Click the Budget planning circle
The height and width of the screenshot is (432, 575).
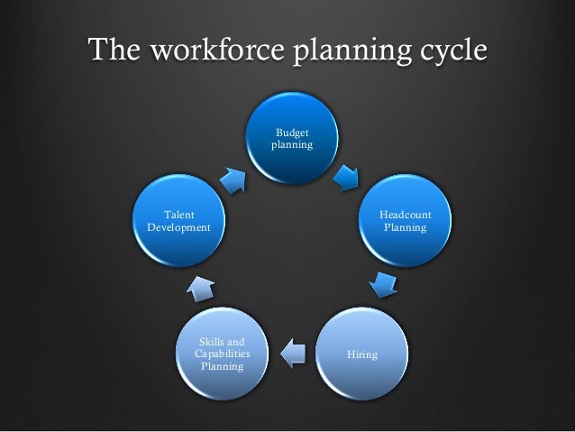[294, 137]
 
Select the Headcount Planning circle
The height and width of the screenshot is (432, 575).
[405, 221]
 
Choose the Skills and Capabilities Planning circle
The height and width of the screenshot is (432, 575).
[222, 354]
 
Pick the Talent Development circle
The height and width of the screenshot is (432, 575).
[178, 221]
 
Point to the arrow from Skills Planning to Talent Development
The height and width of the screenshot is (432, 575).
[201, 288]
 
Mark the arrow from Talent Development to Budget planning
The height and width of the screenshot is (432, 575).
[232, 179]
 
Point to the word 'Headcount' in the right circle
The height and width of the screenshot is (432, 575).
[405, 215]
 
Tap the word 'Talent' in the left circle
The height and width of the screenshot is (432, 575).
[178, 215]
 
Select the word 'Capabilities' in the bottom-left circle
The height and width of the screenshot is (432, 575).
[222, 354]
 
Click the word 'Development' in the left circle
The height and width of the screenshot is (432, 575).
[178, 227]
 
